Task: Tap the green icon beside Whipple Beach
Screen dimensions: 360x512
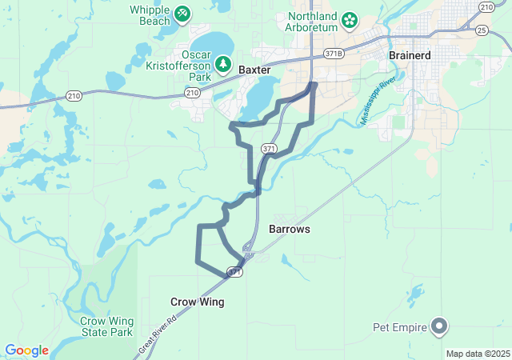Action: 182,14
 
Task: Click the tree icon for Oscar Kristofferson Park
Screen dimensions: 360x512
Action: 225,63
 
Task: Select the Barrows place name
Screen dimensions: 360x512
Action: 289,229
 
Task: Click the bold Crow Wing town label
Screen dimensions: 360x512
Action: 197,302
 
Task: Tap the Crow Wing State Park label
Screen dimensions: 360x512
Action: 106,326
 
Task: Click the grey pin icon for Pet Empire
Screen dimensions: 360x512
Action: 439,326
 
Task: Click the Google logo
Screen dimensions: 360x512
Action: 27,350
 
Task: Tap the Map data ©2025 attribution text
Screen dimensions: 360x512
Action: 478,354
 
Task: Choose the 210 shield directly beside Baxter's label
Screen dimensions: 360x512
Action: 192,93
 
